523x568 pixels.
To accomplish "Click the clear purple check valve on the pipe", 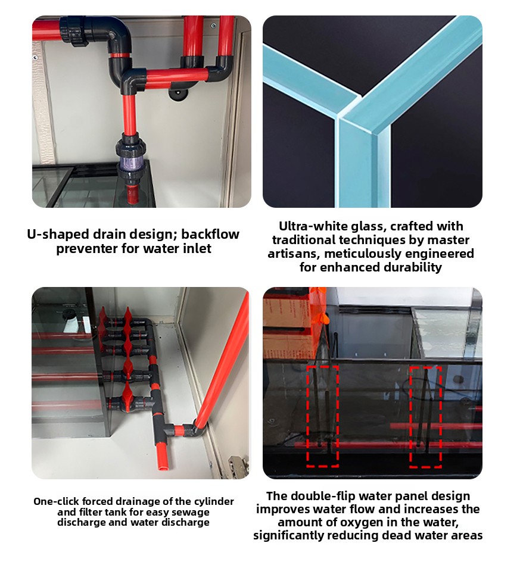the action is click(130, 158).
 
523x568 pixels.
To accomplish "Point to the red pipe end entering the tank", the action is click(133, 195).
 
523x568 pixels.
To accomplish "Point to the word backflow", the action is click(210, 234).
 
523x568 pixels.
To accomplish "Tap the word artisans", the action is click(293, 254).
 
